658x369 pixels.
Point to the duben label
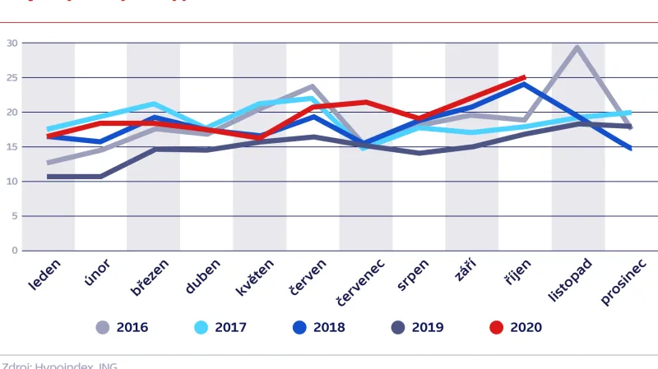(x=203, y=275)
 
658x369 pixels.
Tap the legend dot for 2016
(x=103, y=327)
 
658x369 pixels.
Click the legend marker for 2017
(x=202, y=327)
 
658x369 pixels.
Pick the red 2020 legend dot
(x=496, y=327)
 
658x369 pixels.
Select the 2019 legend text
(x=428, y=327)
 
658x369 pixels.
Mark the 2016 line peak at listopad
(x=577, y=47)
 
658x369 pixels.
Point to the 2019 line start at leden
(x=49, y=177)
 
